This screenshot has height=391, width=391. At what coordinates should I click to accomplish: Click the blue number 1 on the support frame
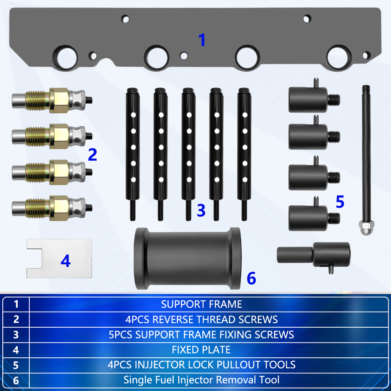pyautogui.click(x=202, y=40)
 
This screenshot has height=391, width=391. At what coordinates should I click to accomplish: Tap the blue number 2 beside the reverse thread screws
pyautogui.click(x=93, y=155)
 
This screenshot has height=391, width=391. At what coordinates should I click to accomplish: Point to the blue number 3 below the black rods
pyautogui.click(x=201, y=210)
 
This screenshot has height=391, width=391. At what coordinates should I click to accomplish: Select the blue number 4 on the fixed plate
pyautogui.click(x=66, y=261)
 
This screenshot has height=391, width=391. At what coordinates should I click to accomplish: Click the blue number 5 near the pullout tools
pyautogui.click(x=340, y=202)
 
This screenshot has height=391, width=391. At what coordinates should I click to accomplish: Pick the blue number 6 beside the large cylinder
pyautogui.click(x=251, y=278)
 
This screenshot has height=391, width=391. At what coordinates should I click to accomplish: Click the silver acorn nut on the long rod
pyautogui.click(x=366, y=228)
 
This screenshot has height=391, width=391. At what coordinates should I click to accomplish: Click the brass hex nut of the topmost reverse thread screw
pyautogui.click(x=59, y=100)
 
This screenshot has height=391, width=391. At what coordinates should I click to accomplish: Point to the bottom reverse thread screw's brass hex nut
pyautogui.click(x=59, y=208)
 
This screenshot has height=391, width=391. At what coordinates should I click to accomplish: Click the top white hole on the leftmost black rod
pyautogui.click(x=133, y=115)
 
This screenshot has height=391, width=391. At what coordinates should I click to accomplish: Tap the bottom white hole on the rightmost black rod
pyautogui.click(x=245, y=179)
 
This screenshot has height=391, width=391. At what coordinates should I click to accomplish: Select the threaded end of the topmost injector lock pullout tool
pyautogui.click(x=334, y=100)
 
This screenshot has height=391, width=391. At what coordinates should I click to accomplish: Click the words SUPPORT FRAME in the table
pyautogui.click(x=201, y=304)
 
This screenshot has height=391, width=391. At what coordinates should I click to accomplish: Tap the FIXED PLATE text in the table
pyautogui.click(x=201, y=350)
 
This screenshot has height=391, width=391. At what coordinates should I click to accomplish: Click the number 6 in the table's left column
pyautogui.click(x=16, y=380)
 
